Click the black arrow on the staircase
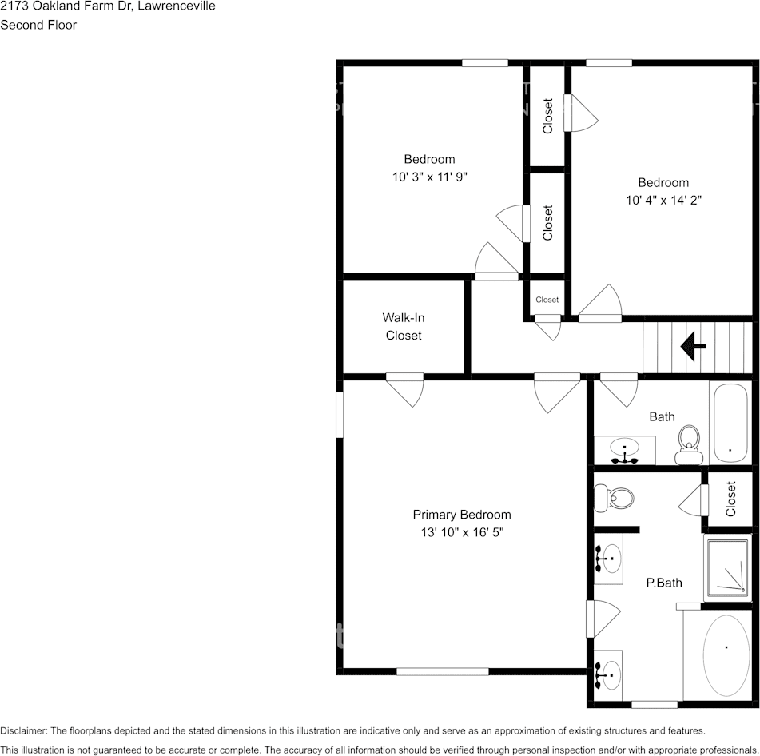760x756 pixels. tap(692, 347)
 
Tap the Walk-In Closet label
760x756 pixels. tap(404, 327)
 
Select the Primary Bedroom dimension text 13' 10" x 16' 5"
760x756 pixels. tap(461, 531)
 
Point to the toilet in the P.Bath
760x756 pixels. tap(616, 499)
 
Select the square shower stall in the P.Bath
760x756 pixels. tap(726, 568)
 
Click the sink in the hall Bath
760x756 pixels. tap(624, 450)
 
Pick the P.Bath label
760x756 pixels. tap(664, 583)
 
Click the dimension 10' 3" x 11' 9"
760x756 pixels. tap(429, 177)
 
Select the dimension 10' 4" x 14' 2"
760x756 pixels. tap(663, 200)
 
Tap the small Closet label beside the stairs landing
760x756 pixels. tap(547, 300)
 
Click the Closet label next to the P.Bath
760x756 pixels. tap(730, 499)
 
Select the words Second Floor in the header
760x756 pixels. tap(38, 25)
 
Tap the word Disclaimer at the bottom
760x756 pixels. tap(23, 730)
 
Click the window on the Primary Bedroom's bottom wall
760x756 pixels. tap(442, 672)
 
